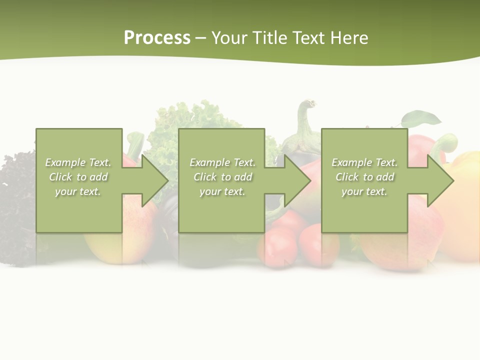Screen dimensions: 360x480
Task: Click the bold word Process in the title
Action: click(157, 38)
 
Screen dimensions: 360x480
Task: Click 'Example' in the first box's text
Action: click(65, 162)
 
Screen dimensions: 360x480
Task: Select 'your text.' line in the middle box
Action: click(222, 191)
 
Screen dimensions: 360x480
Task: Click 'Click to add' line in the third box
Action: click(364, 177)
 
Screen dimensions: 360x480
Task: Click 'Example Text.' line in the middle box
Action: click(222, 162)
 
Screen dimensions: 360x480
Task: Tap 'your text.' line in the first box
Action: click(77, 191)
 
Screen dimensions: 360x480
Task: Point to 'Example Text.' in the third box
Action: click(364, 162)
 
